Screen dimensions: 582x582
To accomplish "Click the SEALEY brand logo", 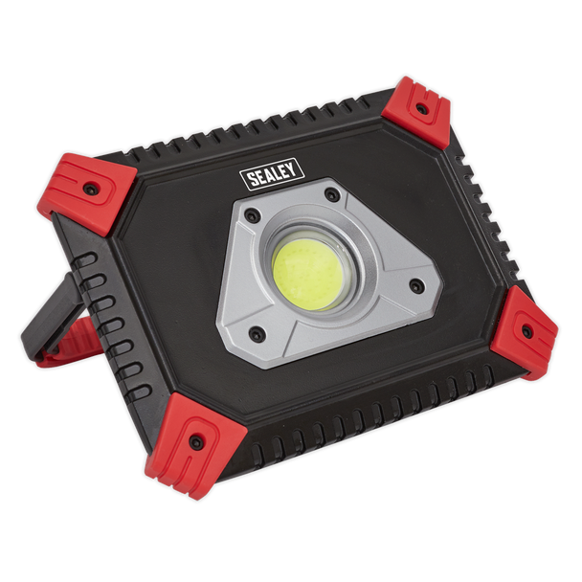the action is pos(272,174).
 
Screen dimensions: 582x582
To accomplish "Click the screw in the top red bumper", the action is pos(420,109).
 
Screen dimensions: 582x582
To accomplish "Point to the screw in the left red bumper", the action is pos(90,189).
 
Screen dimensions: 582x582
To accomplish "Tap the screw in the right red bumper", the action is pos(526,330).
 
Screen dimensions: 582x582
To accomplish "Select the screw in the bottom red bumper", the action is pos(195,441).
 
